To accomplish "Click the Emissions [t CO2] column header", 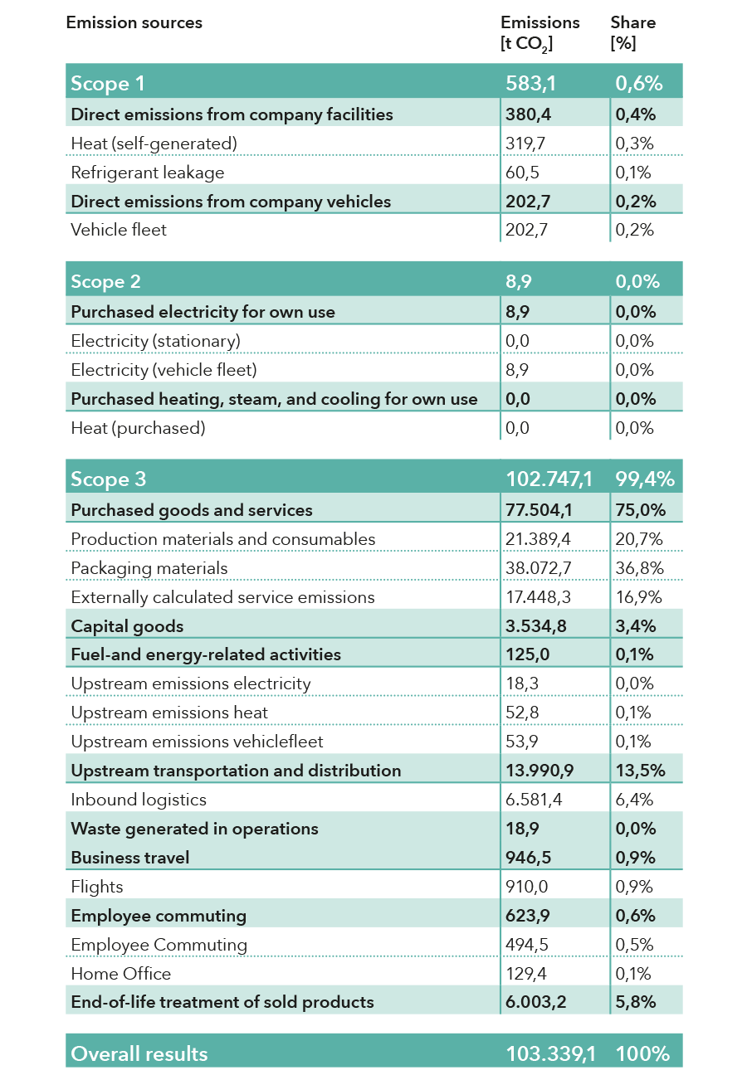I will coord(540,33).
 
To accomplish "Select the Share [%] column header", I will coord(632,33).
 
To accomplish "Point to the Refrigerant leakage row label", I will coord(147,173).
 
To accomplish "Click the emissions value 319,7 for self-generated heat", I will coord(525,143).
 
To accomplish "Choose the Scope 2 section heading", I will coord(105,281).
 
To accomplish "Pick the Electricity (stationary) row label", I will coord(155,341).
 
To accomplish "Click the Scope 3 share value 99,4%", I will coord(644,479).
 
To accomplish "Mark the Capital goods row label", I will coord(127,626).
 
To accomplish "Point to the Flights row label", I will coord(97,887).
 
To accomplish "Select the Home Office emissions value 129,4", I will coord(527,974).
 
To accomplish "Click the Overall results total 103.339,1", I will coord(549,1053).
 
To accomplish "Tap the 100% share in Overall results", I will coord(642,1053).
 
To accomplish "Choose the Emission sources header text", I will coord(134,22).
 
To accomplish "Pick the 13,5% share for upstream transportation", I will coord(640,771).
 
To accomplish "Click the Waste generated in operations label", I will coord(194,829).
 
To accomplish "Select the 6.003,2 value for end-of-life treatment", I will coord(535,1002).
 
